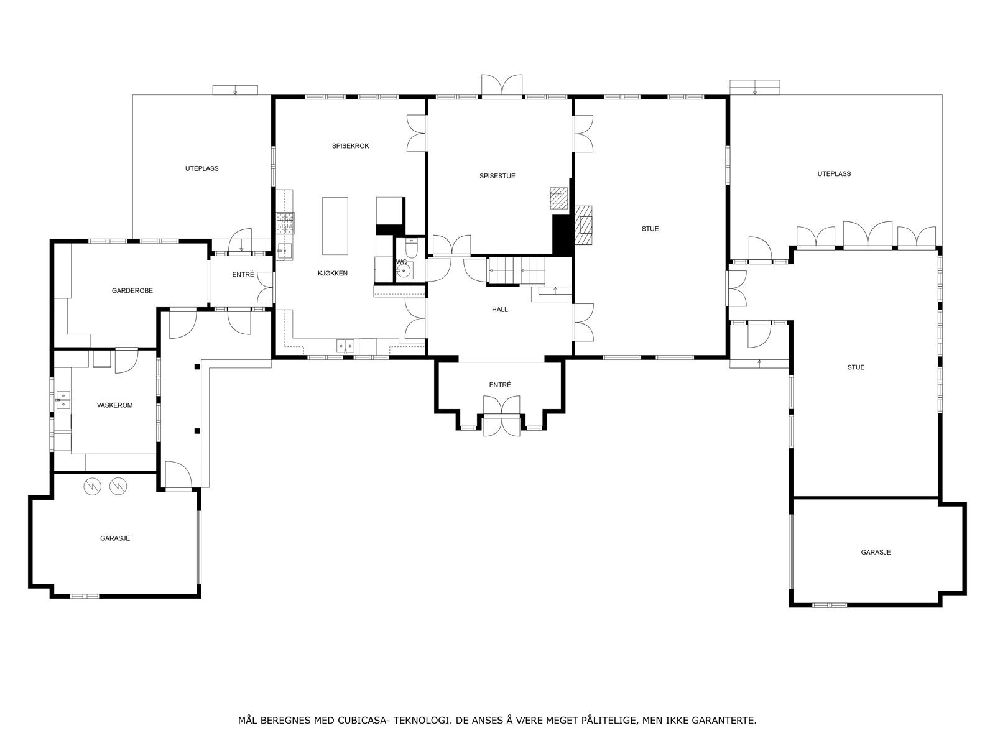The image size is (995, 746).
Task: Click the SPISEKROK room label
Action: click(350, 146)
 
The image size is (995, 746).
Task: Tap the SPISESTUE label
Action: click(497, 176)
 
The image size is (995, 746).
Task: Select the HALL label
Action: click(499, 310)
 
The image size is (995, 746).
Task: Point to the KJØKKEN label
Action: click(332, 273)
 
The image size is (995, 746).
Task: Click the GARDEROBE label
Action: click(132, 290)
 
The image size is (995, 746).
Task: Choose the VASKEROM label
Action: click(114, 405)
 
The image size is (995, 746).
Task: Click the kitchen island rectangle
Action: click(335, 226)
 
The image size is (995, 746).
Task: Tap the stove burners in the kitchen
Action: click(285, 223)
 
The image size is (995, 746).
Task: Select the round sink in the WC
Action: click(402, 270)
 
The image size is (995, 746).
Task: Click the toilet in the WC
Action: click(410, 248)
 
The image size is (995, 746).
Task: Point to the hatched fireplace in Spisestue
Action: click(558, 198)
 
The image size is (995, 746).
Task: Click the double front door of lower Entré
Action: click(501, 416)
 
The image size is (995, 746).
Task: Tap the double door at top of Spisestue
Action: click(501, 86)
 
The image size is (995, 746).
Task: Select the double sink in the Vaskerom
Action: click(63, 400)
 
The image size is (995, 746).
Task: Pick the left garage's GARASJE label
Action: click(115, 538)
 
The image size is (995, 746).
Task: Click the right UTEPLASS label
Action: click(834, 173)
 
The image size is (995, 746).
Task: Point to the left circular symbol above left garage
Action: click(93, 487)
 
